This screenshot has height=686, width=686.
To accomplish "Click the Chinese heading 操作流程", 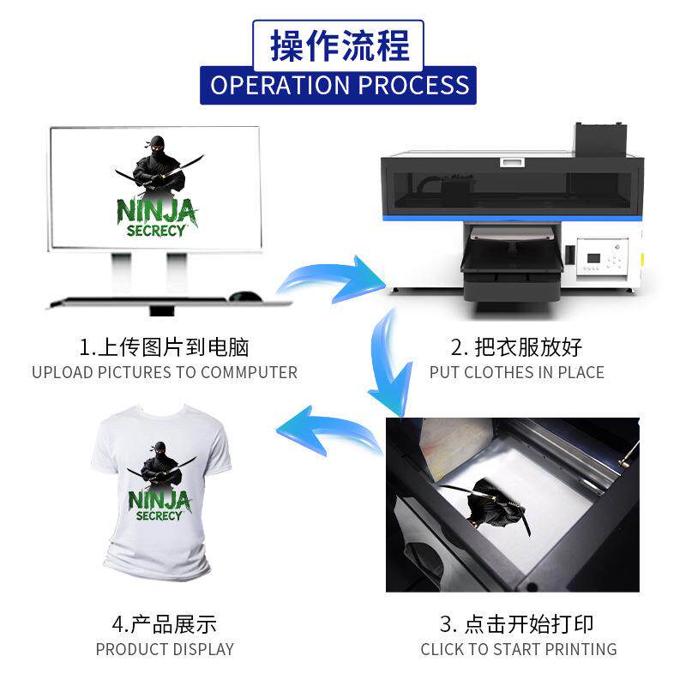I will [x=340, y=45].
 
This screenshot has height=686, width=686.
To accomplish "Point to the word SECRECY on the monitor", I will [x=155, y=232].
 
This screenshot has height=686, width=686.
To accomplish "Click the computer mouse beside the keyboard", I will [x=246, y=297].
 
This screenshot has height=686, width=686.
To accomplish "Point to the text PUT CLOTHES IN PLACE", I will [x=516, y=373].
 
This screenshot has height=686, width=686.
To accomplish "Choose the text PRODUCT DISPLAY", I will [x=164, y=649].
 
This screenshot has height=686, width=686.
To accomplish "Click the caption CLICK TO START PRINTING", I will [x=518, y=649].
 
